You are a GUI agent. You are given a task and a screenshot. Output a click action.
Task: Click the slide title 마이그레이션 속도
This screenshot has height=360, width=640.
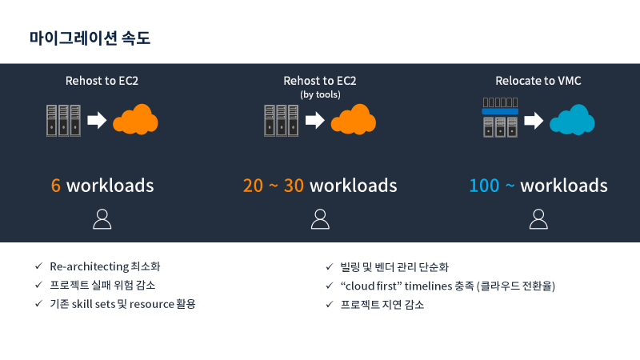(x=90, y=38)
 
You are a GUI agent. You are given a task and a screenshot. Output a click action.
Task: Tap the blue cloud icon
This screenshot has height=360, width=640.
(x=572, y=120)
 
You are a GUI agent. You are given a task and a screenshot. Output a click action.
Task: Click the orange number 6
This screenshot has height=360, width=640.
(x=56, y=186)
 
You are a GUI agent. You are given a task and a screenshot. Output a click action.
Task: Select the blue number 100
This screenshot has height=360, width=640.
(x=484, y=186)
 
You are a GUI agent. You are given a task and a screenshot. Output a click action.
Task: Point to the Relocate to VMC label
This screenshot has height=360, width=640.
(x=538, y=81)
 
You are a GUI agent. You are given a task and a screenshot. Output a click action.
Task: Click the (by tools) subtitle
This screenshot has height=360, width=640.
(x=320, y=94)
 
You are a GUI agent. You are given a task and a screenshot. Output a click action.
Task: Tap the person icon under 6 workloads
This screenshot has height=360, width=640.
(x=102, y=218)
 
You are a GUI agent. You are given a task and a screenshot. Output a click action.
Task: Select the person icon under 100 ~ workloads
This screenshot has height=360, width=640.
(x=538, y=218)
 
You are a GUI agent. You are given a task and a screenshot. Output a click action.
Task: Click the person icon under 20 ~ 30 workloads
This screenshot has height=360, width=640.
(x=320, y=218)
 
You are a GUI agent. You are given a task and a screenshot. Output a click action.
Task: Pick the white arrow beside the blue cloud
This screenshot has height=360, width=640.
(x=534, y=121)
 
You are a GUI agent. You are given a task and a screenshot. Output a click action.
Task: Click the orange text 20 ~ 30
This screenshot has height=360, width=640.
(x=274, y=186)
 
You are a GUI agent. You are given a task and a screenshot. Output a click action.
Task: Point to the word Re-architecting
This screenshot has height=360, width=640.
(x=84, y=266)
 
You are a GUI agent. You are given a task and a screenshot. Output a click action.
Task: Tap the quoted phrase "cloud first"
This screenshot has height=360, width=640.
(x=370, y=286)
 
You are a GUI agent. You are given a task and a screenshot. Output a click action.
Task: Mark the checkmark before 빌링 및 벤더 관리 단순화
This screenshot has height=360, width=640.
(x=329, y=266)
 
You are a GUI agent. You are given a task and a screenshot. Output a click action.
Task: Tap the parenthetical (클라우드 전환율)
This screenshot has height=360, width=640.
(x=516, y=286)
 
